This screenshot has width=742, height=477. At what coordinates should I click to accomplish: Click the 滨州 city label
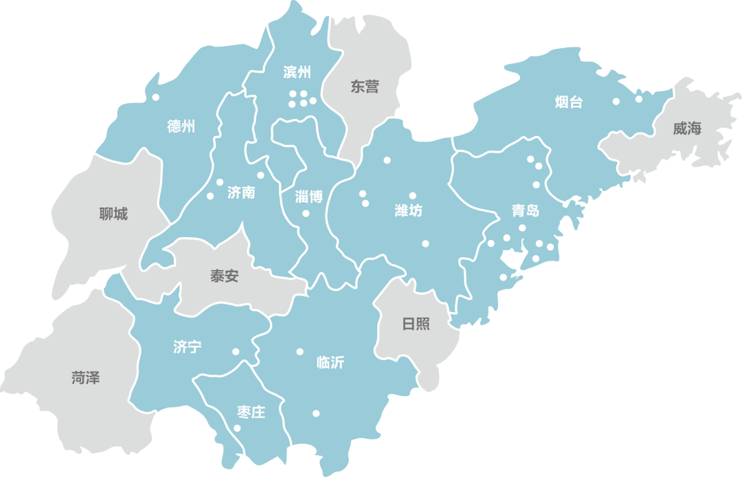coord(297,72)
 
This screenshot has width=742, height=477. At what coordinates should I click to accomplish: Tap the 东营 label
coord(365,87)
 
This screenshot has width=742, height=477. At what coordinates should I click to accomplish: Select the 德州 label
coord(181,126)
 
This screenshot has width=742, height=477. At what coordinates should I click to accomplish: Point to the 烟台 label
coord(569,102)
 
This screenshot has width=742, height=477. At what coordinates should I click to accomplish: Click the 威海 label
coord(687,128)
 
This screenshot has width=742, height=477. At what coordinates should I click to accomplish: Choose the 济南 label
coord(241,192)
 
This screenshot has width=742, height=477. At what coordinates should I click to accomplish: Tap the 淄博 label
coord(308,197)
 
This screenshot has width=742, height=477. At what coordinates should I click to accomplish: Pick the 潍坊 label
coord(409,210)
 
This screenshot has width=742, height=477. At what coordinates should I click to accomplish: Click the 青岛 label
coord(526,210)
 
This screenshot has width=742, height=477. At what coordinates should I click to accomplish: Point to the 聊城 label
coord(113,214)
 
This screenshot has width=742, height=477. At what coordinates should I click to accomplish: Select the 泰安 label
coord(225,276)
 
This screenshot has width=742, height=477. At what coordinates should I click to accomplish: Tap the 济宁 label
coord(187,347)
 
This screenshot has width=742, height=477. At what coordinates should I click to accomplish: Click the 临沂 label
coord(330,362)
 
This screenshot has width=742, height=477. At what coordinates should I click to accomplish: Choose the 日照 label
coord(416,323)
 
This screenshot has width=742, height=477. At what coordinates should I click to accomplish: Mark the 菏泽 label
coord(86,377)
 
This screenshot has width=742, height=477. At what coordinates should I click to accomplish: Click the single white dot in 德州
coord(156,97)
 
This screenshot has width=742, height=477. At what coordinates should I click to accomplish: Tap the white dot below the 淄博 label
coord(306,213)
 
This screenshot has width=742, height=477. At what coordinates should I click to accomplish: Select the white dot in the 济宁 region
coord(236,351)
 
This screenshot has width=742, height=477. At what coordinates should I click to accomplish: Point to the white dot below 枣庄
coord(237,428)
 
